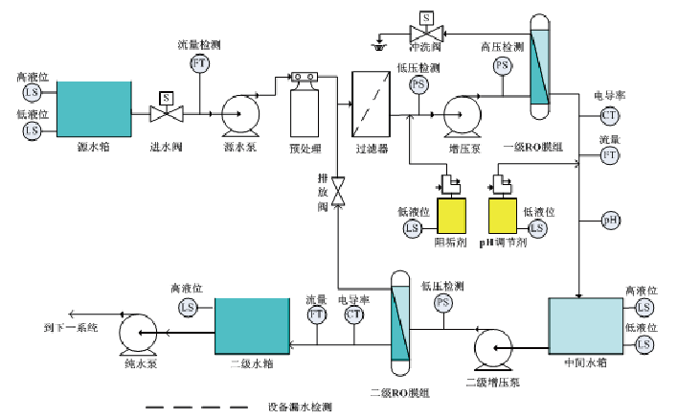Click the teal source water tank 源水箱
(x=93, y=108)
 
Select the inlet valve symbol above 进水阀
(x=166, y=113)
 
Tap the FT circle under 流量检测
(x=199, y=63)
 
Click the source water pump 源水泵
(x=237, y=116)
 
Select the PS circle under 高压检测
(x=502, y=64)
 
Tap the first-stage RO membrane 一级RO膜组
(x=541, y=66)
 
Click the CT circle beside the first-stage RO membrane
(x=608, y=116)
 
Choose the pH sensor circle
(x=609, y=220)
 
